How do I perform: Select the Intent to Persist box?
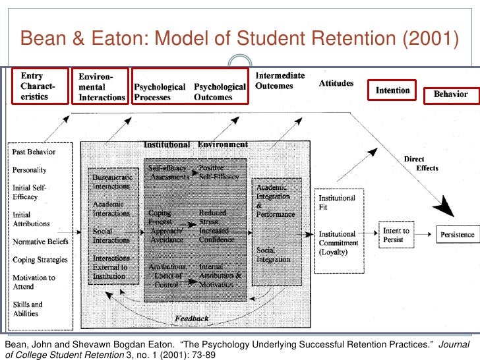[x=396, y=235]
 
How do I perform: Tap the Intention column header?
[x=392, y=90]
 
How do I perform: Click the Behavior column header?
[x=450, y=94]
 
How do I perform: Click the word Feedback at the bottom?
[x=192, y=318]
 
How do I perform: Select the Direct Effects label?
[x=421, y=163]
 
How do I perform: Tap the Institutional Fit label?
[x=337, y=202]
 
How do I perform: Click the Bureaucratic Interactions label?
[x=112, y=181]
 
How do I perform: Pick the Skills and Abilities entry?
[x=28, y=309]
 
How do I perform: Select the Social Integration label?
[x=275, y=255]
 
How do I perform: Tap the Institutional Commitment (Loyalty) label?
[x=338, y=243]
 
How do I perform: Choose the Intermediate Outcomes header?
[x=280, y=81]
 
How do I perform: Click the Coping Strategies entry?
[x=40, y=260]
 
